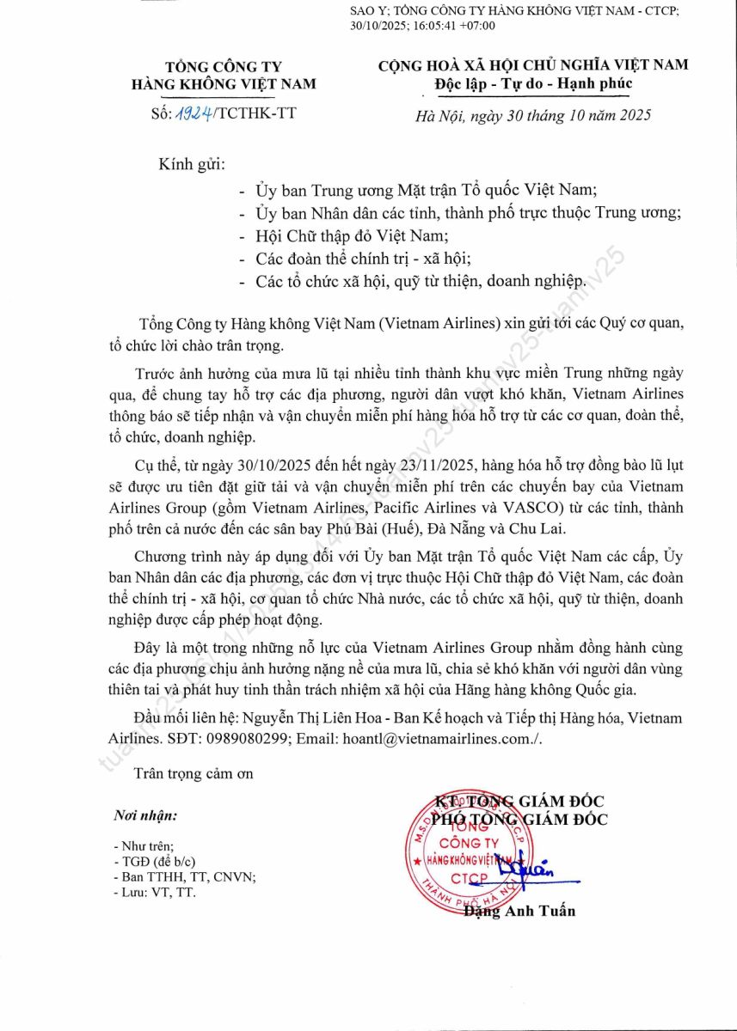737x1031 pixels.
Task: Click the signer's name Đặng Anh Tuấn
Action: coord(519,911)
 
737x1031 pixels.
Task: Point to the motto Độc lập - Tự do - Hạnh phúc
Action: coord(533,83)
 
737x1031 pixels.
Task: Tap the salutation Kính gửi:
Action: coord(191,163)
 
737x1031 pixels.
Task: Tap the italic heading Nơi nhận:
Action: coord(145,815)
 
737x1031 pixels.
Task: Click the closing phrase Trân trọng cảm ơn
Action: coord(193,772)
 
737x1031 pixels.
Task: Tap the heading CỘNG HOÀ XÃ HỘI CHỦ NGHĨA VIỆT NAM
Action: coord(533,64)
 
